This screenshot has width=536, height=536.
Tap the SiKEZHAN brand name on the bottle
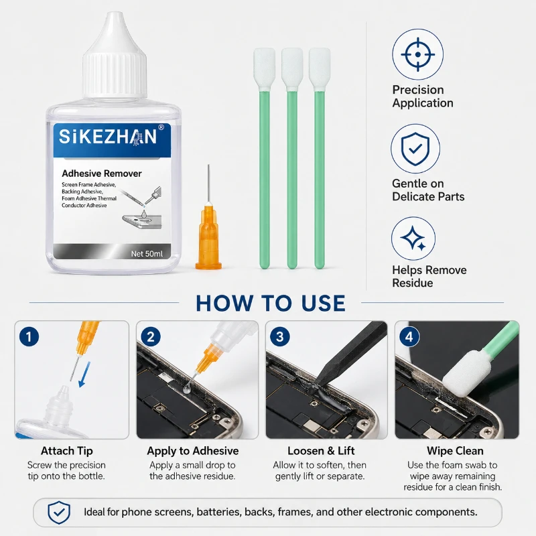108,137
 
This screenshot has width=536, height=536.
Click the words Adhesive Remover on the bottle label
102,174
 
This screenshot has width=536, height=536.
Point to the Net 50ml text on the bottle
147,254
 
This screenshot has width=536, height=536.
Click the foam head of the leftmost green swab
264,68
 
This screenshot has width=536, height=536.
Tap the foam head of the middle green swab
292,68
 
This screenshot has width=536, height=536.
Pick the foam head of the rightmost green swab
320,68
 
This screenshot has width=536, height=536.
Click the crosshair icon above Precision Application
417,54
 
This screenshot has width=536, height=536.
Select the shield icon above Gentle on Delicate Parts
415,149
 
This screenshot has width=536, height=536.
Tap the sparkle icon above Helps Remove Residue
413,239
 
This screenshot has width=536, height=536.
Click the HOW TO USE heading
271,304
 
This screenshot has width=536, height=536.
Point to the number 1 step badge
29,336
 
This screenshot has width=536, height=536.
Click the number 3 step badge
279,336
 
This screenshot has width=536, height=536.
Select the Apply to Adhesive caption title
193,451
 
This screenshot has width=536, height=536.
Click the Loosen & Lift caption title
321,451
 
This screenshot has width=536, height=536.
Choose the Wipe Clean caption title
455,451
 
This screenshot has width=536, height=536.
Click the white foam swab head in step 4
467,374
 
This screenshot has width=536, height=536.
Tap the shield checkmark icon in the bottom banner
59,513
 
